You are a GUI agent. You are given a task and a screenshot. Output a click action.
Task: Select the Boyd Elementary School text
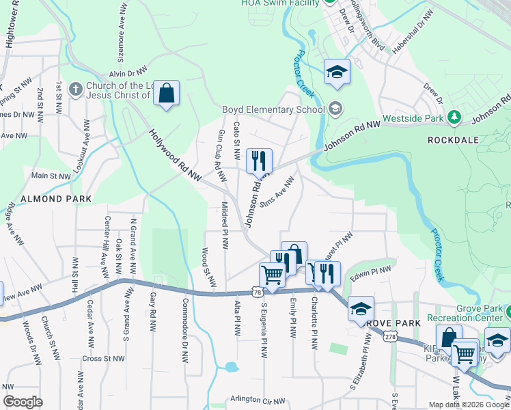(273, 109)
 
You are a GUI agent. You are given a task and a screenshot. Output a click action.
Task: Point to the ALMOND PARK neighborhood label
(46, 199)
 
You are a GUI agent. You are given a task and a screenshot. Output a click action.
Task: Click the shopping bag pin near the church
(166, 94)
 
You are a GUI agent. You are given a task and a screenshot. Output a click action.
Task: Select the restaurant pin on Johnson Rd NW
(259, 162)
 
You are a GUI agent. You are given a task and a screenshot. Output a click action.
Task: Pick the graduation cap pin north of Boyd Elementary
(336, 72)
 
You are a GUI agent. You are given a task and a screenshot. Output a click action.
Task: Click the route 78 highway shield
(257, 291)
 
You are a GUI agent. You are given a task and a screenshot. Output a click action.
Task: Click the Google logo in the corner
(23, 402)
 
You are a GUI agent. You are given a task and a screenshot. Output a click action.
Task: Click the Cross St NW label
(103, 358)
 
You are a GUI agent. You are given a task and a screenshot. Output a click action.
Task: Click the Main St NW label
(51, 176)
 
